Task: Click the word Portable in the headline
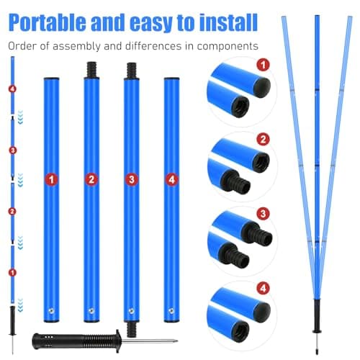tap(48, 22)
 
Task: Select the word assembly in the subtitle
tap(76, 46)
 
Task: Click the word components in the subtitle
tap(228, 47)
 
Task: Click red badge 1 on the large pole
tap(52, 179)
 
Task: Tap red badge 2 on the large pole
tap(91, 179)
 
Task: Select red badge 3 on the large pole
tap(132, 179)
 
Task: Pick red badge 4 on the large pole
tap(171, 179)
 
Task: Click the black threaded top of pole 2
tap(91, 70)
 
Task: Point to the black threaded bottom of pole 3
tap(132, 329)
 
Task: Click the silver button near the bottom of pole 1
tap(51, 311)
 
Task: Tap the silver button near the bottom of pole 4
tap(171, 311)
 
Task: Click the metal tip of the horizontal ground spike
tap(176, 341)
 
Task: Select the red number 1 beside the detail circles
tap(263, 65)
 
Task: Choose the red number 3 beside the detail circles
tap(263, 213)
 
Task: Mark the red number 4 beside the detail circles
tap(264, 288)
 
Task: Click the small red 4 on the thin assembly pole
tap(12, 89)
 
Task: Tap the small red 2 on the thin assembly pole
tap(12, 212)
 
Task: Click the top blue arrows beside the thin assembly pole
tap(21, 117)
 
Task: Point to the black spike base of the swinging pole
tap(317, 316)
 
